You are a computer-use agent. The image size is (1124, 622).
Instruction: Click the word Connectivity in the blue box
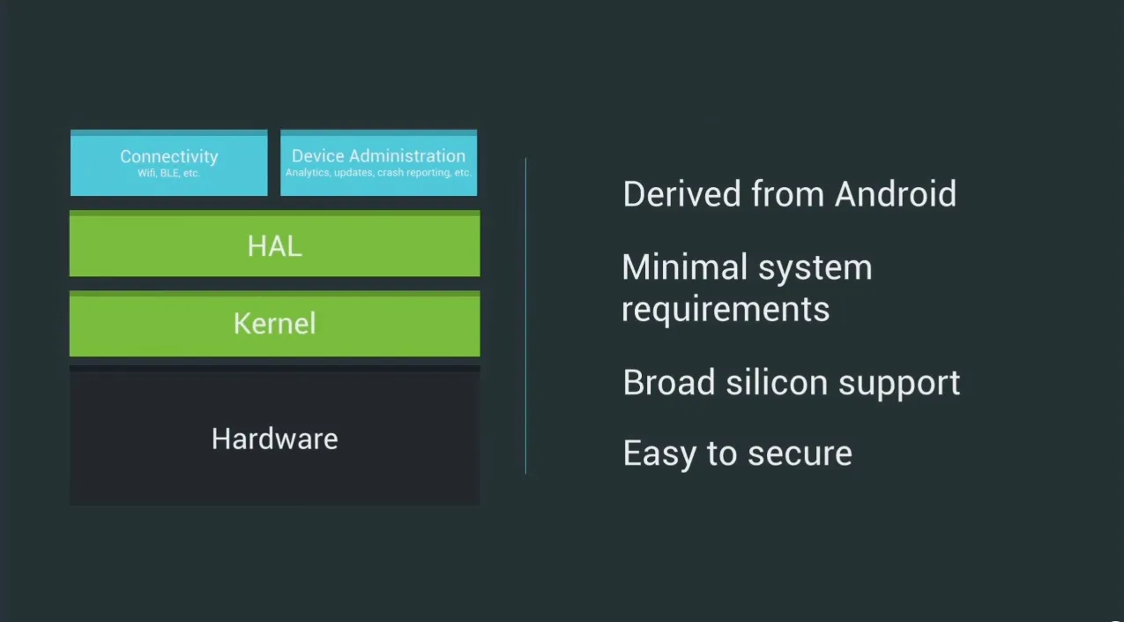point(169,157)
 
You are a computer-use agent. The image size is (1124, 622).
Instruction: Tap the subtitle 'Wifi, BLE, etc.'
point(169,173)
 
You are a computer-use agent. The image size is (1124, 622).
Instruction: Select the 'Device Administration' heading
point(378,155)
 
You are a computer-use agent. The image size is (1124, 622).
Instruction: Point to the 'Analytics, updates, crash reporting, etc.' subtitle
point(378,173)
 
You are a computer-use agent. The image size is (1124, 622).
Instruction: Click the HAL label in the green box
point(275,246)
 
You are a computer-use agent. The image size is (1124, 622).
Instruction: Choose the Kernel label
point(275,323)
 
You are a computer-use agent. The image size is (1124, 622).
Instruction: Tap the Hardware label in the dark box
point(275,438)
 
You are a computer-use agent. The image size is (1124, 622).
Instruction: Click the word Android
point(896,194)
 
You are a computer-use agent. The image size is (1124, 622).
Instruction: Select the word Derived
point(681,194)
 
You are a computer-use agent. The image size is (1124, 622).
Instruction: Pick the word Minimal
point(684,267)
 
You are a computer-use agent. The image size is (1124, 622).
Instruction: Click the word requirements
point(726,310)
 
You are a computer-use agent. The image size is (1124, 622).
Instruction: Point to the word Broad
point(669,383)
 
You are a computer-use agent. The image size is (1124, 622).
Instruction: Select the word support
point(899,384)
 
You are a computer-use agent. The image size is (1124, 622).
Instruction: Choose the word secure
point(800,454)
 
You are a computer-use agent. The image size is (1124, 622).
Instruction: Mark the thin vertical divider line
point(526,316)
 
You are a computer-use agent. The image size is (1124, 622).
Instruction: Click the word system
point(815,268)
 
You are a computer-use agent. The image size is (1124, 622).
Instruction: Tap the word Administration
point(407,155)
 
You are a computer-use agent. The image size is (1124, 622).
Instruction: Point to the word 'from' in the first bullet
point(787,194)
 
